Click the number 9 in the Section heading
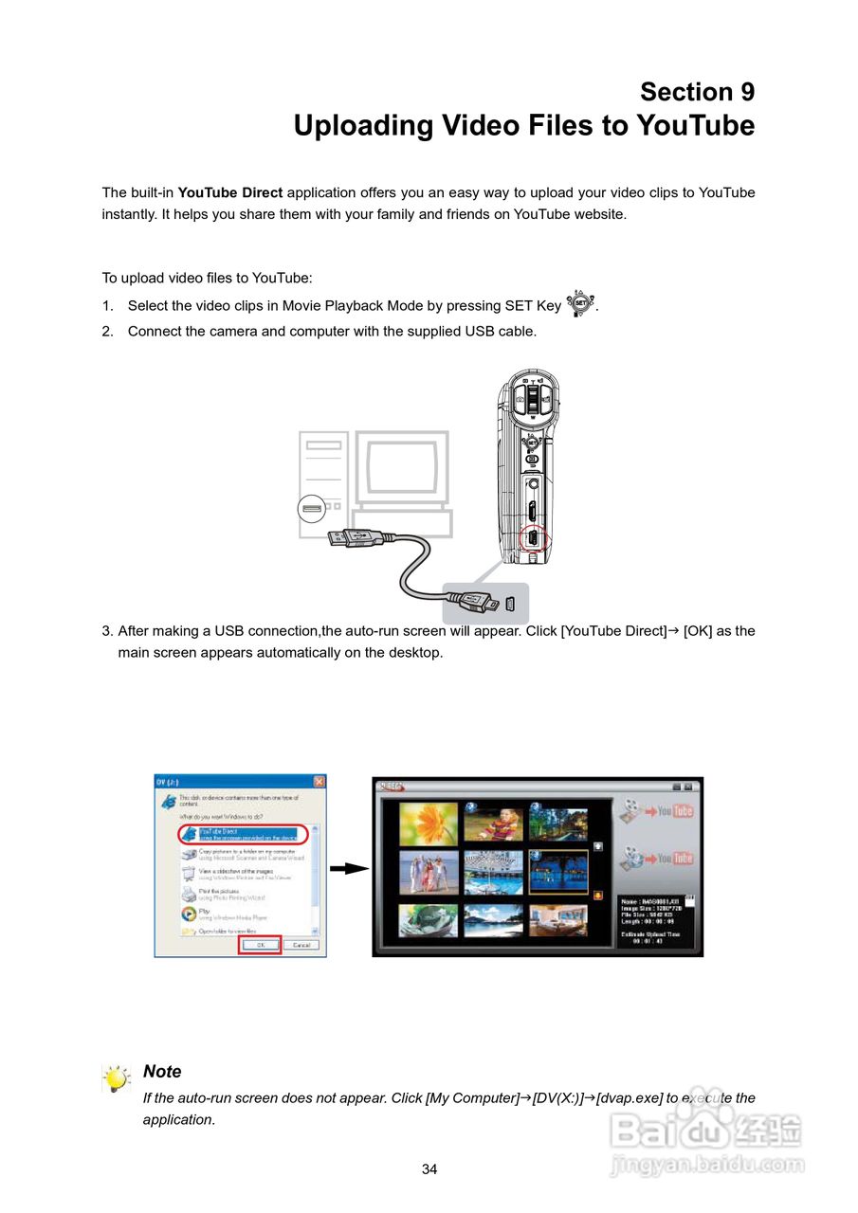(747, 92)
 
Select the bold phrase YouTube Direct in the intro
(230, 192)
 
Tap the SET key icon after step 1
(581, 305)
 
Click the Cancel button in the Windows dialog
(301, 945)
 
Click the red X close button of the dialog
(319, 782)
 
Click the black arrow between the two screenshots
(349, 869)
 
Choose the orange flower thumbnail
(429, 823)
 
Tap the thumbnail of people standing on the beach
(429, 871)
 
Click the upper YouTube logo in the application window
(676, 811)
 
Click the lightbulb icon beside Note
(117, 1078)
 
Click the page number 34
(429, 1169)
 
